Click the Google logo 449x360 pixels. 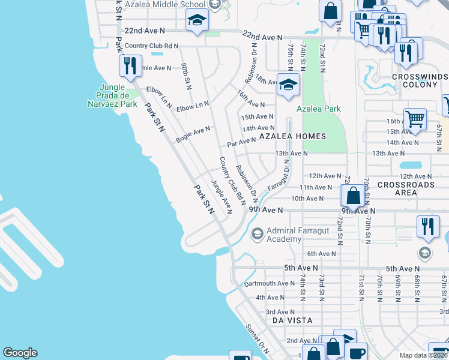pos(20,353)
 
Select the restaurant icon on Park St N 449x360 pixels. pos(130,65)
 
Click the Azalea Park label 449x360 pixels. pos(319,109)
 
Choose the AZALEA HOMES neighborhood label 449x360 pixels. pos(292,136)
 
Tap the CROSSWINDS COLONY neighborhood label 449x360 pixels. pos(420,80)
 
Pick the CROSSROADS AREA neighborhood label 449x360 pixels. pos(406,188)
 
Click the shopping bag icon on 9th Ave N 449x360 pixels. pos(354,195)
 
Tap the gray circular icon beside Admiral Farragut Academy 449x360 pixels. pos(257,233)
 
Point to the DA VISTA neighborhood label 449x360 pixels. pos(292,320)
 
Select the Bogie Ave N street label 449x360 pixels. pos(193,134)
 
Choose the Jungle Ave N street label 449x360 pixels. pos(221,196)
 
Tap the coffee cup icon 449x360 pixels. pos(355,352)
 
